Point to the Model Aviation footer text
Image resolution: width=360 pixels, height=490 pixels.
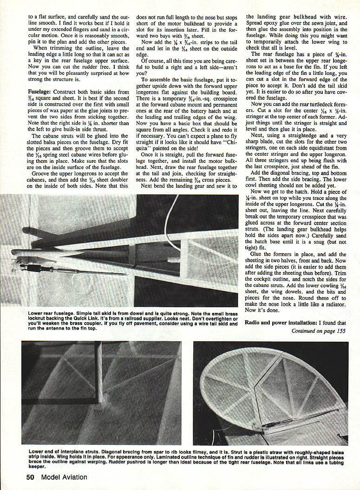(x=64, y=477)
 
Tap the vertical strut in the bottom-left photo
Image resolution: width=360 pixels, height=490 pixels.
(x=99, y=372)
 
